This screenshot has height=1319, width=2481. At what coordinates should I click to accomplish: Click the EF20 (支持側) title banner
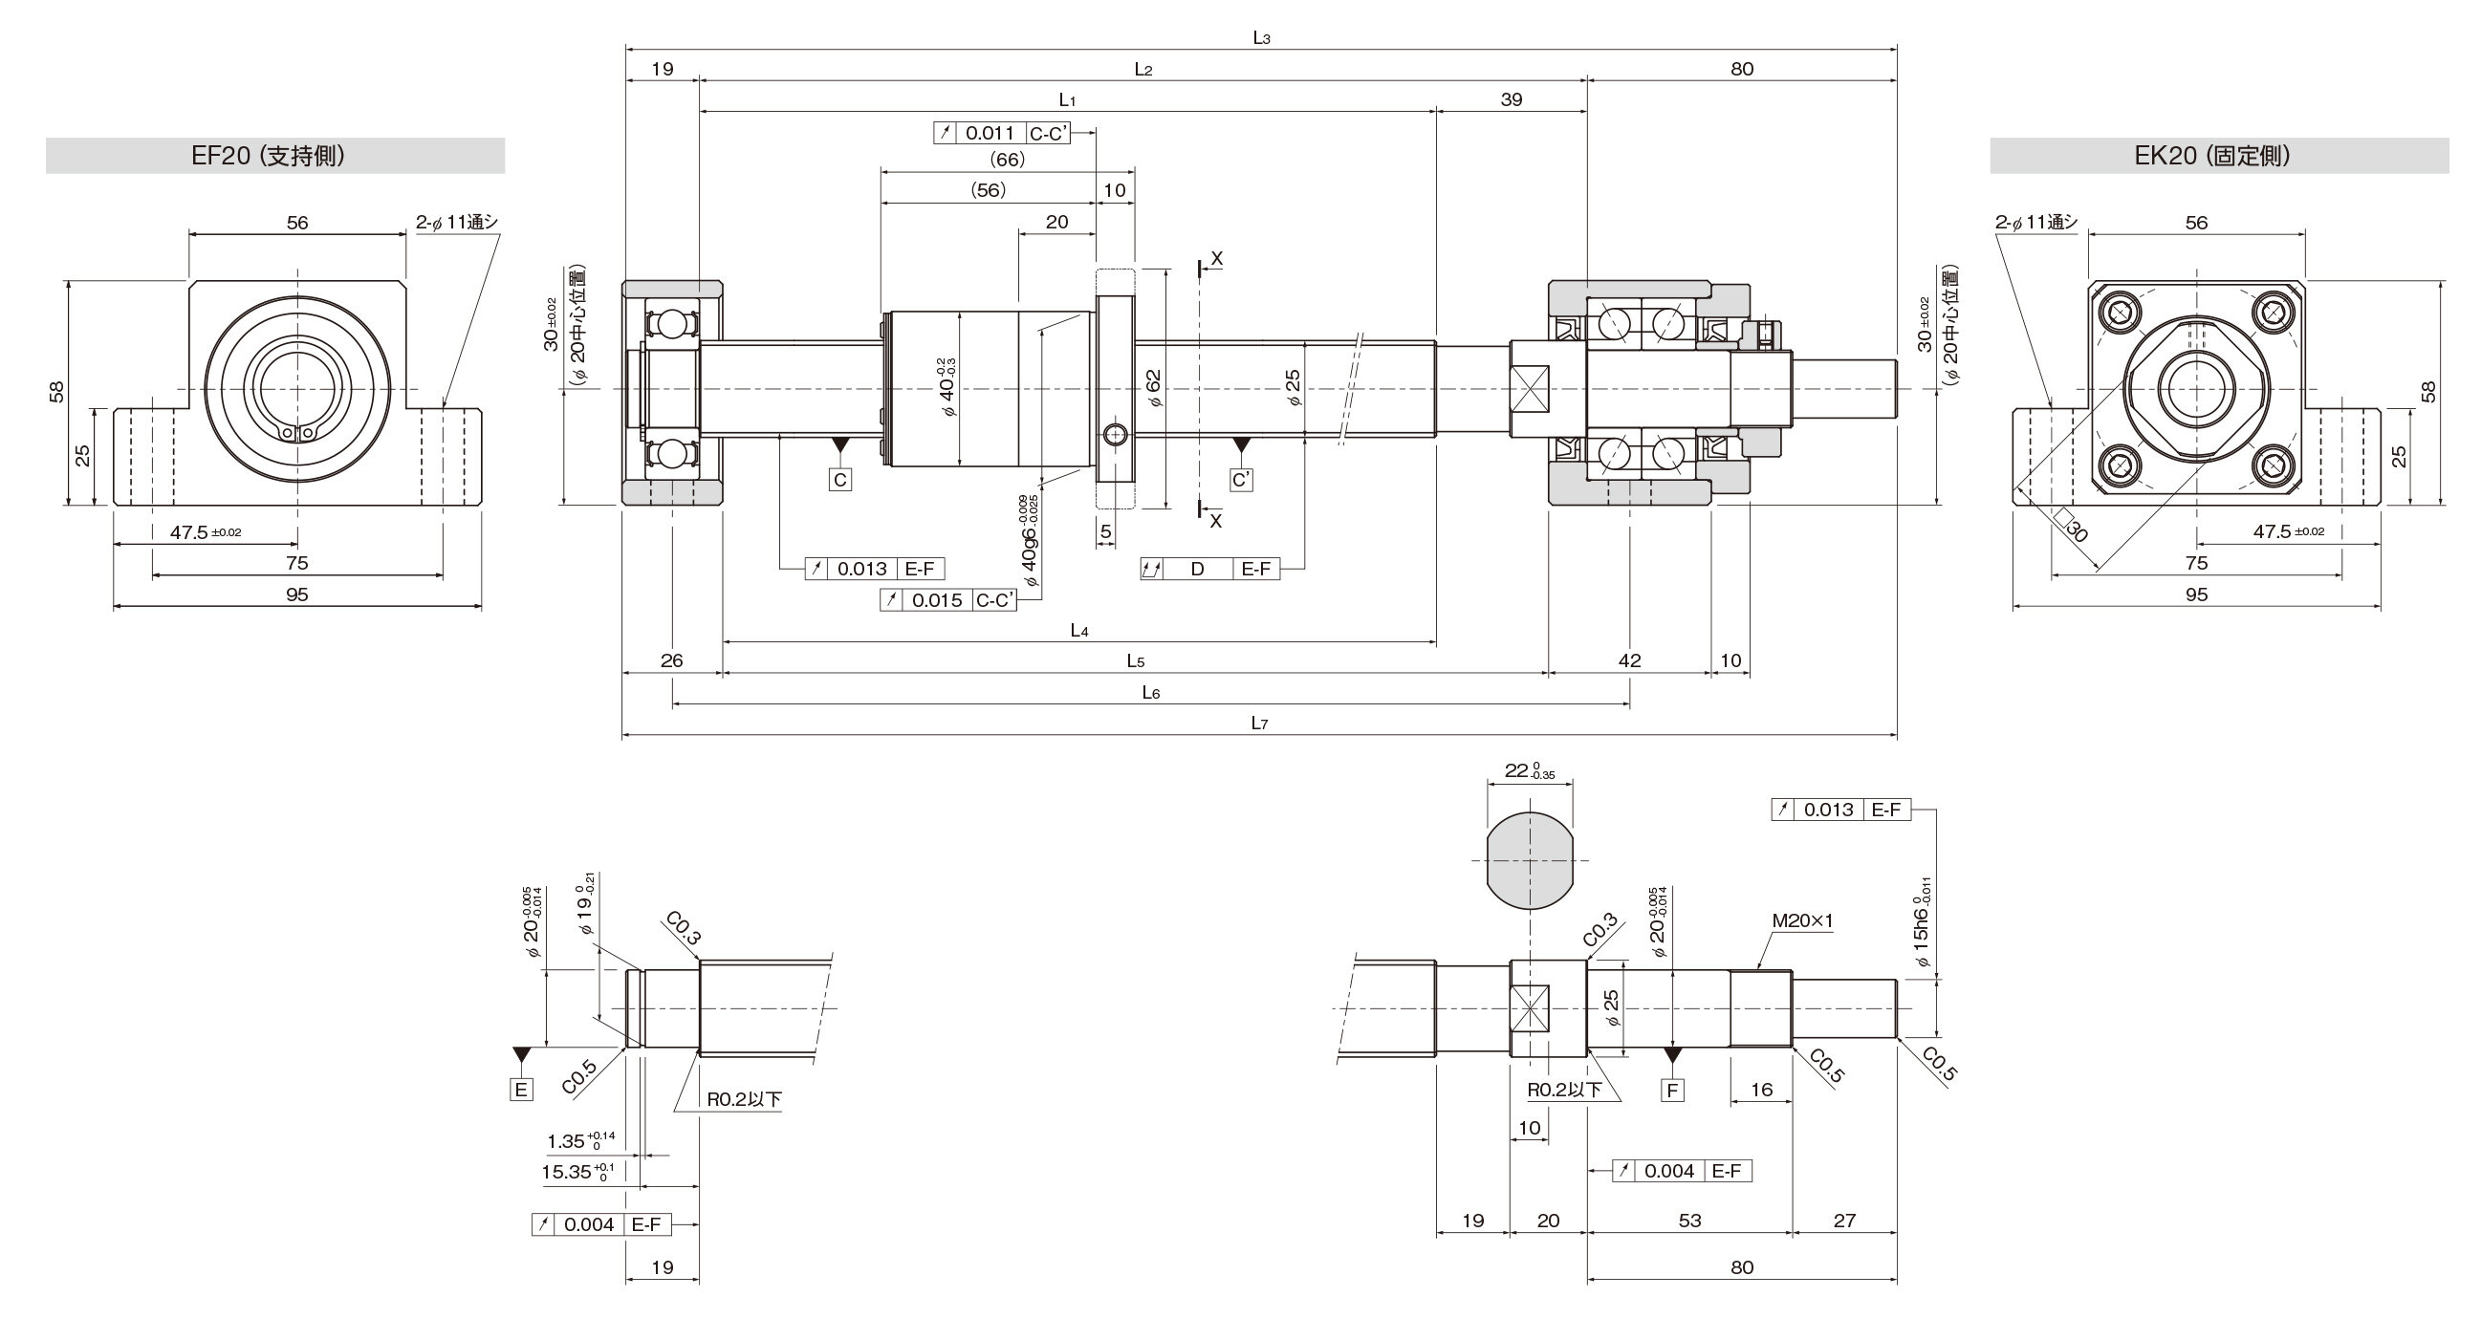pos(275,156)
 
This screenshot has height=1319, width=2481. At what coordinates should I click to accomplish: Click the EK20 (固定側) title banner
pos(2219,156)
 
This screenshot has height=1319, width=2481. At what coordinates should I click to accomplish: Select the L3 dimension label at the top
pos(1262,37)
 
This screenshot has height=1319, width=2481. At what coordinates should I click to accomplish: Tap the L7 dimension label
pos(1259,723)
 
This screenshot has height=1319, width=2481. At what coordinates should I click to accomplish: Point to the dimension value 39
pos(1512,99)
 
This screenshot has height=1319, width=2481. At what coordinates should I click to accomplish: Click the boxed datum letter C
pos(839,480)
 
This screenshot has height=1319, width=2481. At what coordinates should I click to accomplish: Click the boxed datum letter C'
pos(1242,480)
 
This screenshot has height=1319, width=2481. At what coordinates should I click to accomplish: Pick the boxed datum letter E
pos(521,1090)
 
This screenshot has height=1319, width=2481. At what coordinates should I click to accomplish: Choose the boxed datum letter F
pos(1673,1090)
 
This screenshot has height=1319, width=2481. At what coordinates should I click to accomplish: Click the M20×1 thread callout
pos(1802,920)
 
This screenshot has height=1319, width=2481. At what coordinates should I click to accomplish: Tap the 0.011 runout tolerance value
pos(990,134)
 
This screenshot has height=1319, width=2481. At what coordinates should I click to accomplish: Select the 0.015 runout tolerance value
pos(937,601)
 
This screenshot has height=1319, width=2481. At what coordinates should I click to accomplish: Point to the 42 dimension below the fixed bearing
pos(1628,660)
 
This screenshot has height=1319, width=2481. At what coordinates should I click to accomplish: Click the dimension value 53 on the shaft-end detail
pos(1689,1221)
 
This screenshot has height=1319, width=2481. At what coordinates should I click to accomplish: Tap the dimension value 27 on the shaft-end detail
pos(1844,1221)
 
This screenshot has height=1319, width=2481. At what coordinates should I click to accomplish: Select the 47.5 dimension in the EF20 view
pos(206,532)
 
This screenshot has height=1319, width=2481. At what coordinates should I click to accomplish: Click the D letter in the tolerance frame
pos(1197,569)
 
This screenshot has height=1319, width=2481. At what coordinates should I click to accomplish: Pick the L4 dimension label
pos(1078,631)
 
